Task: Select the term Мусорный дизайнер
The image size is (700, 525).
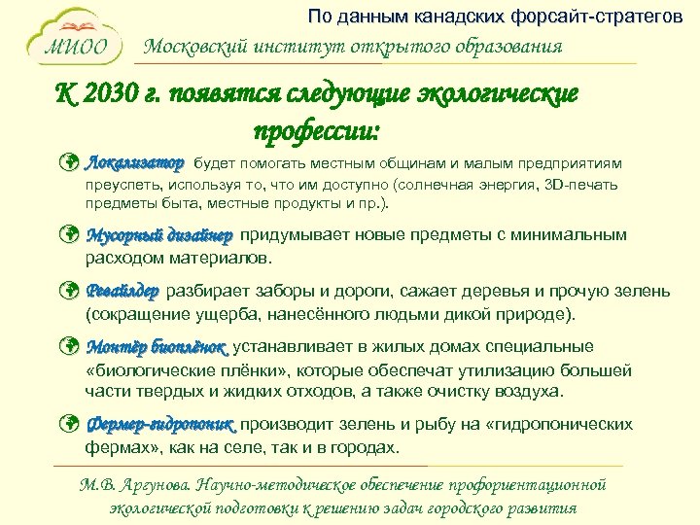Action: coord(159,236)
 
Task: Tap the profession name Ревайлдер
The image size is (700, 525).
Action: coord(123,292)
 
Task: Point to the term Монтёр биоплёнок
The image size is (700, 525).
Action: coord(157,348)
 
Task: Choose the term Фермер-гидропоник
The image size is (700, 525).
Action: coord(160,425)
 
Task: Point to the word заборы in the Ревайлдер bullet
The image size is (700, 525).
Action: coord(286,292)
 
